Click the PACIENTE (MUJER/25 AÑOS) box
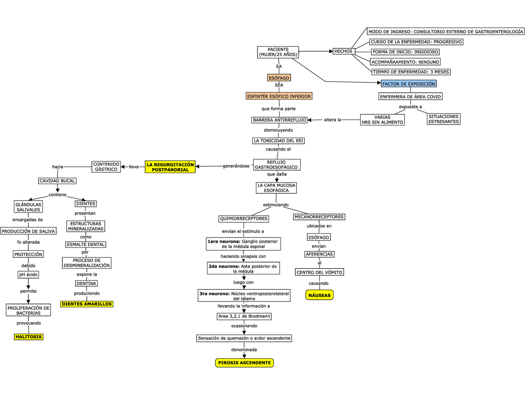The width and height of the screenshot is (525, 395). [x=278, y=52]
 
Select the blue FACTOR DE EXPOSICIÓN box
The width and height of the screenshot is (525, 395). [x=409, y=84]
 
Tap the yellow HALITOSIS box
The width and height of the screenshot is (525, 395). [x=29, y=337]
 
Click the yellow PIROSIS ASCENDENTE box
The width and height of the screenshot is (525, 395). [x=244, y=363]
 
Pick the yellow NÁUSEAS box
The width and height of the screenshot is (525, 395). [x=319, y=295]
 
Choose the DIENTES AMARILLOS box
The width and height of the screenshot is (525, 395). [x=87, y=304]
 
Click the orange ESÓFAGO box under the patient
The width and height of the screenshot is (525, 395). [x=279, y=78]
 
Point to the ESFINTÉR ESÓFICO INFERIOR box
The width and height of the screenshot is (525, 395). [x=279, y=96]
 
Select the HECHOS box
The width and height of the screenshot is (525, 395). [x=343, y=51]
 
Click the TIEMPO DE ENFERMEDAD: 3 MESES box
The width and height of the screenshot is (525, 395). [x=411, y=72]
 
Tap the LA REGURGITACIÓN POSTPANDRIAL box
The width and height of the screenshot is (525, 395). [x=170, y=167]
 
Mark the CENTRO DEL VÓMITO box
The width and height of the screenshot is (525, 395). [x=320, y=272]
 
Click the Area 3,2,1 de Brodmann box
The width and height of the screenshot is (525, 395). [x=244, y=316]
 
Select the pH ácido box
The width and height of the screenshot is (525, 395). [x=28, y=274]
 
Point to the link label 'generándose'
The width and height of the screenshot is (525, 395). [x=236, y=166]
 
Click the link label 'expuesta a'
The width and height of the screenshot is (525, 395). [x=410, y=107]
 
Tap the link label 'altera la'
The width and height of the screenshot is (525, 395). [x=333, y=120]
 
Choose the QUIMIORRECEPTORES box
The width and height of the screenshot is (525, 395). [x=244, y=219]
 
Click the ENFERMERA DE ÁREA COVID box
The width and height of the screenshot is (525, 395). [x=410, y=97]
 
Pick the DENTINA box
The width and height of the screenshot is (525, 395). [x=87, y=283]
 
